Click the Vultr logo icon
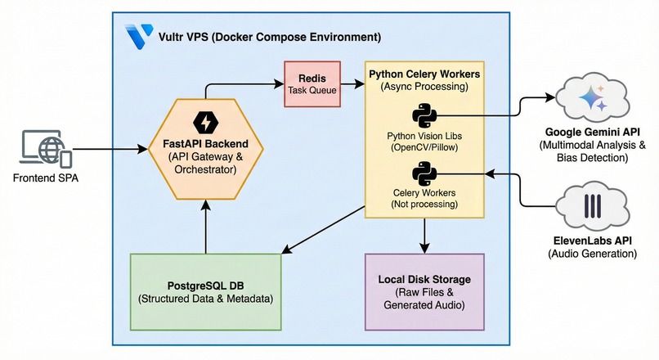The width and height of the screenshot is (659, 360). (x=140, y=36)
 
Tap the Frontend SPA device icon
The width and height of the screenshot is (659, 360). (x=46, y=148)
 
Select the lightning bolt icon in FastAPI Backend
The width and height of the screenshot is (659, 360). (x=205, y=123)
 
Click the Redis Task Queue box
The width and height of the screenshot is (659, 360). (x=312, y=84)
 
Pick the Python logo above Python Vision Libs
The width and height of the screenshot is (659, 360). (x=424, y=115)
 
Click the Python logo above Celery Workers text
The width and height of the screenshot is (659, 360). (x=424, y=173)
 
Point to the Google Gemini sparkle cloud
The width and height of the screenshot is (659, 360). (x=592, y=99)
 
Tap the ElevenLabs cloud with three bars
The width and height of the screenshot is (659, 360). (x=592, y=206)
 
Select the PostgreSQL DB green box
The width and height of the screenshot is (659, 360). (x=205, y=292)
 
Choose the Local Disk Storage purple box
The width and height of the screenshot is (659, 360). (x=424, y=292)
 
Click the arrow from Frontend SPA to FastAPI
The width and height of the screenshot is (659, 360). (x=110, y=149)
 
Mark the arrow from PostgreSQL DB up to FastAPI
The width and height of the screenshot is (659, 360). (x=205, y=227)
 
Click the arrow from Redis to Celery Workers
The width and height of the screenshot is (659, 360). (x=352, y=84)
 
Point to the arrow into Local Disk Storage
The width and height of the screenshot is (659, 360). (x=424, y=236)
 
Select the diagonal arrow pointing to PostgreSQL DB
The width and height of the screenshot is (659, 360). (x=323, y=230)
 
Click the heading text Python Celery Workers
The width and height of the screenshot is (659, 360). (x=424, y=74)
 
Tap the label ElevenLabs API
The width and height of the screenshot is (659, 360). (x=592, y=241)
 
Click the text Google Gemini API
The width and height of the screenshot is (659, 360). (x=592, y=132)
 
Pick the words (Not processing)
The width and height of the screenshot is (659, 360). (x=424, y=205)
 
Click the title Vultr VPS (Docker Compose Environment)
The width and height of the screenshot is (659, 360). (x=269, y=37)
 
